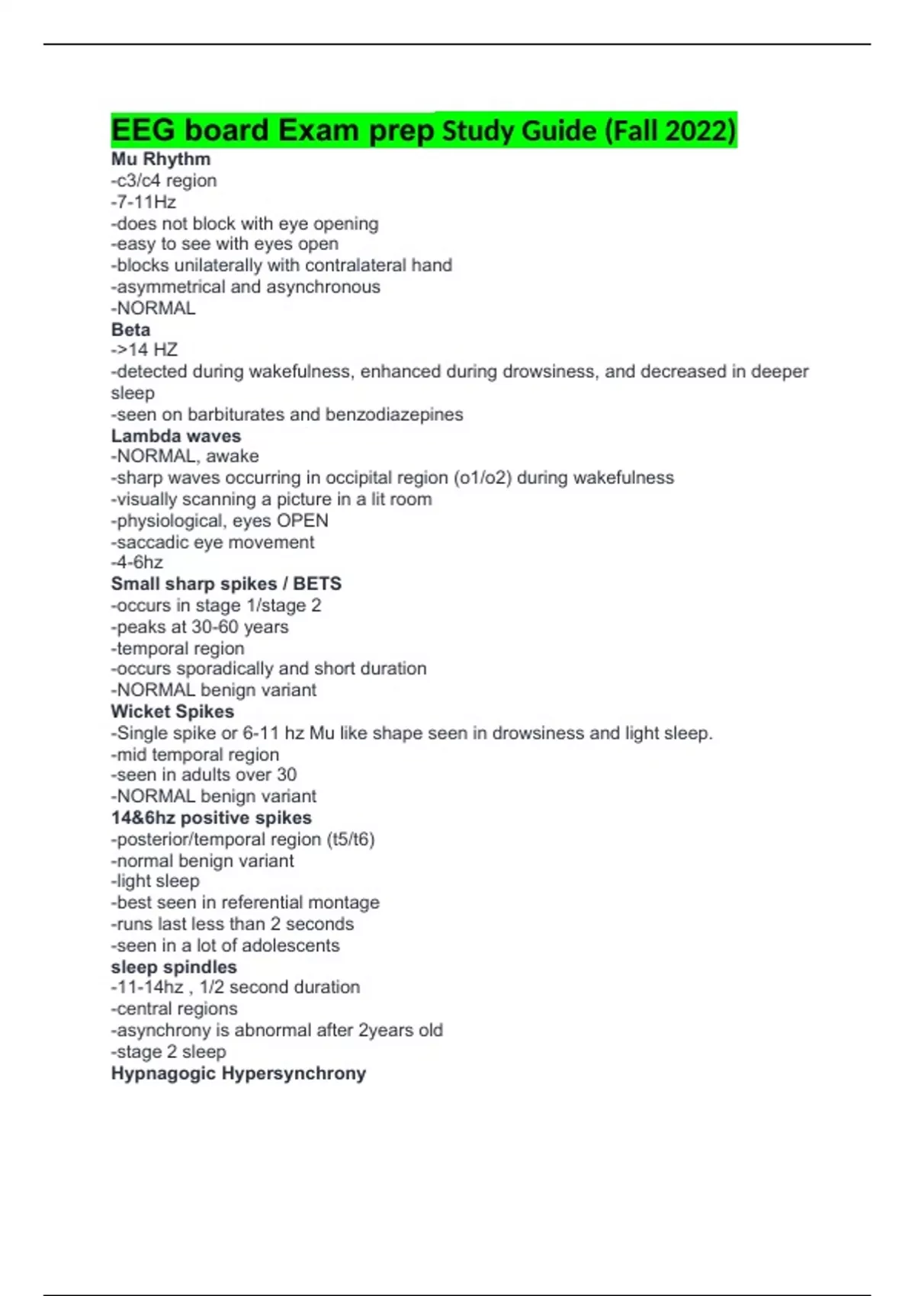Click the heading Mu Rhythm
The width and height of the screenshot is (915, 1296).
[160, 159]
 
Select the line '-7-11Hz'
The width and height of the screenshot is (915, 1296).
[143, 202]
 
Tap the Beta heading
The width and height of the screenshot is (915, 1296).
[130, 329]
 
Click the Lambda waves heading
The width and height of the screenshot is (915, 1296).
[175, 435]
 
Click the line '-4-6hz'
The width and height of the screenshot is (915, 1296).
[136, 563]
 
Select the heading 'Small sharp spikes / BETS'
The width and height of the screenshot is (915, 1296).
[226, 584]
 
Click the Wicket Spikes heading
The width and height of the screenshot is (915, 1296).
[172, 711]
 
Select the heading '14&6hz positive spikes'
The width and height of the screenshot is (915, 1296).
[211, 818]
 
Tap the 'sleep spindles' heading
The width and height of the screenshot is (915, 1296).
[174, 967]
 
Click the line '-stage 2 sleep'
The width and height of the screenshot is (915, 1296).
[169, 1052]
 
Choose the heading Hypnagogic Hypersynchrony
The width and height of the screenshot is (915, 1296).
[238, 1073]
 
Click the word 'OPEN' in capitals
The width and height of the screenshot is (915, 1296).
[302, 521]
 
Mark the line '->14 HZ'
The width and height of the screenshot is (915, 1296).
[144, 350]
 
